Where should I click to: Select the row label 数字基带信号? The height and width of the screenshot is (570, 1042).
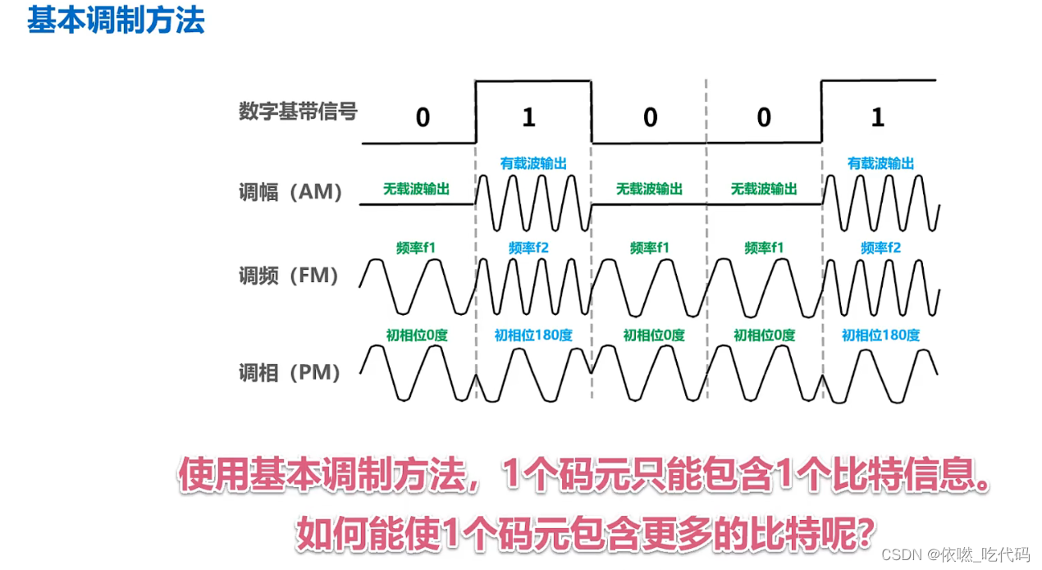(298, 112)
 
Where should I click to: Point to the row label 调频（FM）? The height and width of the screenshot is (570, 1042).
(289, 276)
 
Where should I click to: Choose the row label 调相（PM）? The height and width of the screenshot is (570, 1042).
(289, 372)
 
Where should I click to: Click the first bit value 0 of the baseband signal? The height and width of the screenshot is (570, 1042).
(423, 117)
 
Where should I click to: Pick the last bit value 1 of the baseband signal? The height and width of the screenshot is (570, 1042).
(877, 117)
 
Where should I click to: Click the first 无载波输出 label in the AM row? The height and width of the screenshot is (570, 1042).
(416, 189)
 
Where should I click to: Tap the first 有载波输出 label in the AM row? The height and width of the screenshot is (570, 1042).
(533, 163)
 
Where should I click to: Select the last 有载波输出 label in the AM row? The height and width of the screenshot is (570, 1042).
(880, 163)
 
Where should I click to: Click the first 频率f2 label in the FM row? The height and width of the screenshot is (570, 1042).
(528, 247)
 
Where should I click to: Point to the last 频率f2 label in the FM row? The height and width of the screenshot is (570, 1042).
(880, 247)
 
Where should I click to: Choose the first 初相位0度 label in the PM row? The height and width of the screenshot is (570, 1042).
(417, 335)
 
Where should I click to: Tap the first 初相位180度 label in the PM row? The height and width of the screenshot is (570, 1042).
(533, 335)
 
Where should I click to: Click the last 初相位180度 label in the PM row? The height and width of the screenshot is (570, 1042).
(880, 335)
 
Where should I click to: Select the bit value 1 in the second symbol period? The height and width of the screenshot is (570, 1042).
(528, 117)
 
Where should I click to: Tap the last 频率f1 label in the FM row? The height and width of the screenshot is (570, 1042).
(764, 247)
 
